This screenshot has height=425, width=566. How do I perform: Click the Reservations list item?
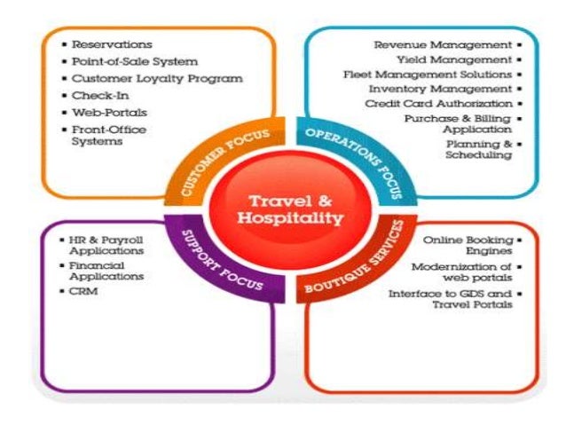click(112, 43)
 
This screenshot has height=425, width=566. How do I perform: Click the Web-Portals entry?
click(109, 113)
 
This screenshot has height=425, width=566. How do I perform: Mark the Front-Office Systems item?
click(110, 136)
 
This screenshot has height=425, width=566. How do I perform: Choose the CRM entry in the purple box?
click(85, 290)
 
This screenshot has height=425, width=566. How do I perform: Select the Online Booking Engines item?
click(468, 244)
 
